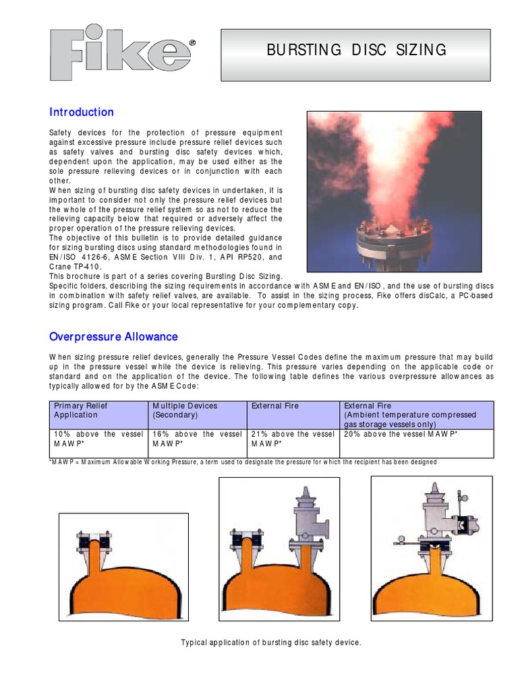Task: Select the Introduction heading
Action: [82, 112]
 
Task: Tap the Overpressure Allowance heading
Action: [113, 336]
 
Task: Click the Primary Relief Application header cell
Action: [99, 410]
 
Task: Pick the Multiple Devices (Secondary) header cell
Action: [197, 410]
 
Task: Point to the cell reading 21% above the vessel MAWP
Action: [293, 439]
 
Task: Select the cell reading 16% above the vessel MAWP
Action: [197, 439]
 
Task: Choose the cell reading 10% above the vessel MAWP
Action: [99, 439]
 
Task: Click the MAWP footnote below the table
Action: [243, 462]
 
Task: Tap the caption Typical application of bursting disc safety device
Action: [271, 643]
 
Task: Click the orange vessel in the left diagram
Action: [123, 586]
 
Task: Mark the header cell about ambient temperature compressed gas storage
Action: [416, 414]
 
